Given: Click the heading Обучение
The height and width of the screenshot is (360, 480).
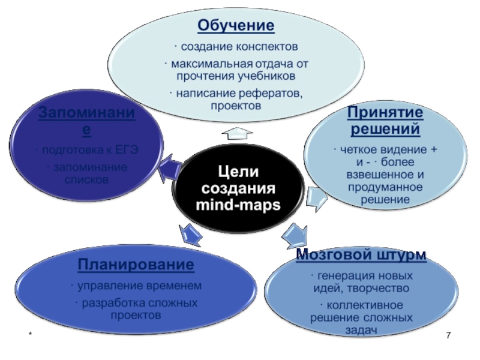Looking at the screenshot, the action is [x=236, y=26].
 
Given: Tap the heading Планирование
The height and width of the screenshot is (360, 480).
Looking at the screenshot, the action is [x=136, y=265].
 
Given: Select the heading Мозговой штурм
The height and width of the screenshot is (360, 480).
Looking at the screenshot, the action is [x=362, y=254].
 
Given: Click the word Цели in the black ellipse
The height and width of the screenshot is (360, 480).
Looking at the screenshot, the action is [x=238, y=172].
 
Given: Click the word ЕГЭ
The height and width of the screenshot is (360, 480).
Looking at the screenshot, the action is [x=128, y=151].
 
